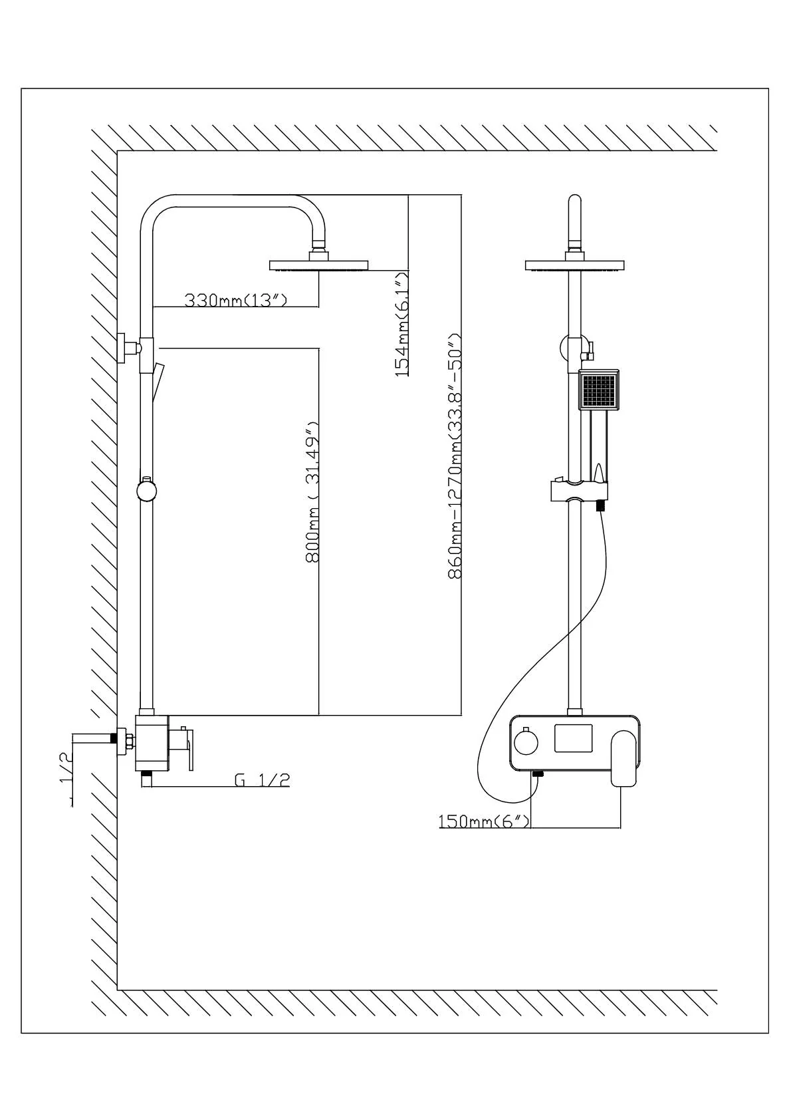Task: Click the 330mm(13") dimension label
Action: pyautogui.click(x=235, y=301)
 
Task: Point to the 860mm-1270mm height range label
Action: pyautogui.click(x=455, y=456)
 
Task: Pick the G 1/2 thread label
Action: pyautogui.click(x=262, y=779)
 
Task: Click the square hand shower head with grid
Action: pyautogui.click(x=600, y=390)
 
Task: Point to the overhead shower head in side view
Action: pyautogui.click(x=319, y=265)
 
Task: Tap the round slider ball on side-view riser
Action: pyautogui.click(x=146, y=491)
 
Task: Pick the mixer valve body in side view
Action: pyautogui.click(x=152, y=743)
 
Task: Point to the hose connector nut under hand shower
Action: pyautogui.click(x=600, y=506)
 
